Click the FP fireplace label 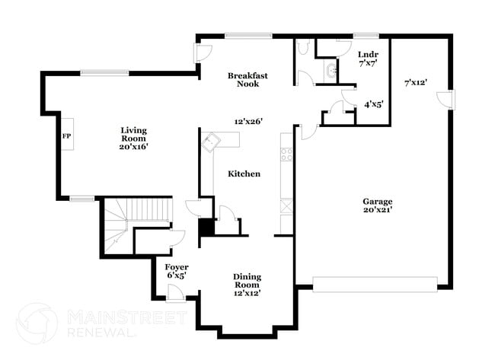[66, 136]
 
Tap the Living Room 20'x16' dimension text [133, 146]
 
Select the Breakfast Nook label [247, 79]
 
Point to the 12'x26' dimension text [248, 121]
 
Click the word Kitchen [244, 174]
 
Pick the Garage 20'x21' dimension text [378, 209]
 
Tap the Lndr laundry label [368, 55]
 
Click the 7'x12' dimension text [416, 83]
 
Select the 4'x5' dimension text [374, 104]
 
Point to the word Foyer [177, 267]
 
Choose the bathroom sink [331, 71]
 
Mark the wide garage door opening [375, 285]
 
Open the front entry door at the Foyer [176, 293]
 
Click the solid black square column [206, 227]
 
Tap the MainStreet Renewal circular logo [37, 323]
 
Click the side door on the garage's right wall [445, 100]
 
